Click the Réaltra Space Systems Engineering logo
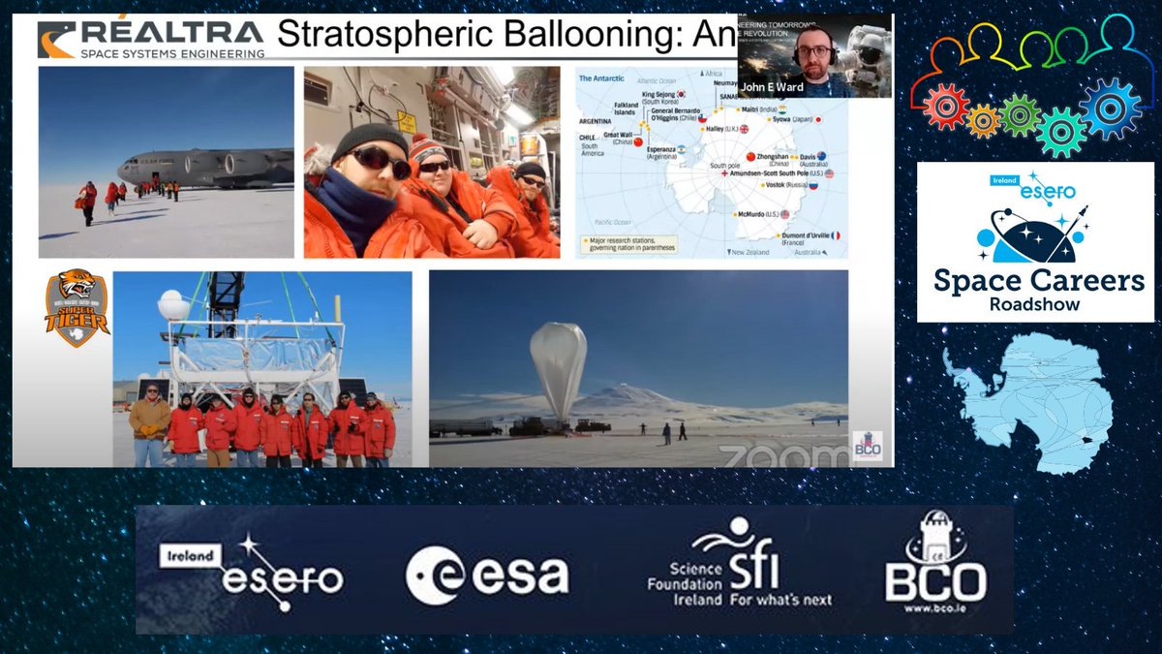(x=151, y=40)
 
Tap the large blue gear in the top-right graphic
(x=1111, y=109)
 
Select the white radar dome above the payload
(x=173, y=305)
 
